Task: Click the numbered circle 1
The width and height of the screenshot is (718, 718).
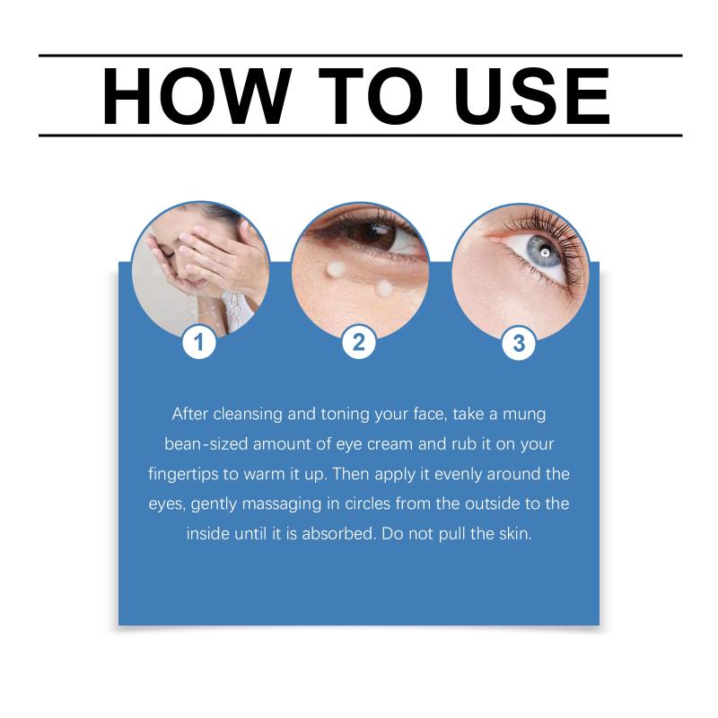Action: (198, 343)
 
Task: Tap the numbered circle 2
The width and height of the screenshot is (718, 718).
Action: (359, 343)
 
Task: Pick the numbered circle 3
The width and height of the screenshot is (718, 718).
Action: (519, 343)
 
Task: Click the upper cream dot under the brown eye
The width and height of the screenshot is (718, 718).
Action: (336, 269)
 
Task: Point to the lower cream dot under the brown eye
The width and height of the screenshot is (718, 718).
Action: (384, 288)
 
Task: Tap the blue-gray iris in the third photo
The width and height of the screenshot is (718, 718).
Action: (543, 252)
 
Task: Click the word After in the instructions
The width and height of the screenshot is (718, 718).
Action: (190, 414)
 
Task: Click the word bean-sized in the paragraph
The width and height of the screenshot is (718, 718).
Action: (206, 443)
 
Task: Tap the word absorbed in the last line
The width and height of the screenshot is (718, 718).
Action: (339, 533)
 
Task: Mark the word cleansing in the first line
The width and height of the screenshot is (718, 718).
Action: (248, 415)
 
